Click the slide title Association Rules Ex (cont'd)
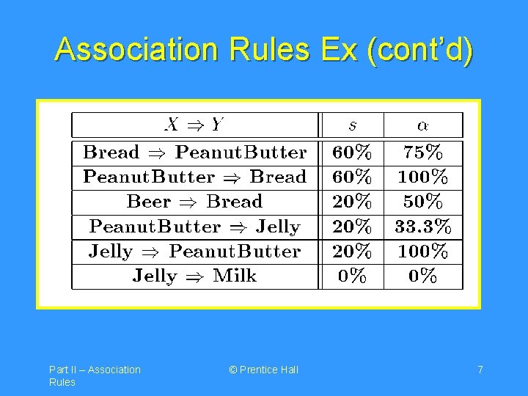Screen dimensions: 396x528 264,50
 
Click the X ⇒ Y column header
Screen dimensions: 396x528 194,124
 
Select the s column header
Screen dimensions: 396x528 353,124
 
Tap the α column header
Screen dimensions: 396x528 423,124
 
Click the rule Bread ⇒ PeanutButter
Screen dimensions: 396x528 194,153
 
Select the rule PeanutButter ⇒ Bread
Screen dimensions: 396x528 194,177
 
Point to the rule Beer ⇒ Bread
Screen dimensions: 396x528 194,202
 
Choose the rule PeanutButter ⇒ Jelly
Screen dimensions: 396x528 194,227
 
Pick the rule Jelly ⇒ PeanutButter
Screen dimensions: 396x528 194,252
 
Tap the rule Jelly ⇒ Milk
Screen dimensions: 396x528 194,276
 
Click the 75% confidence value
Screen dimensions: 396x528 423,153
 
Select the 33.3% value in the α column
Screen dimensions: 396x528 423,227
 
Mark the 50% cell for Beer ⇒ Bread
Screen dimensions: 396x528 423,202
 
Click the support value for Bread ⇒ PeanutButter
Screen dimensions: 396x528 353,153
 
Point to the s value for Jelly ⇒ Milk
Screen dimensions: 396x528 353,276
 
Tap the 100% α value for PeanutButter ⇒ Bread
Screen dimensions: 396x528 423,177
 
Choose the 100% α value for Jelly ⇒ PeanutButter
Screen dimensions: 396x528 423,252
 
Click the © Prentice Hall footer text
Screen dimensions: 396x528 263,370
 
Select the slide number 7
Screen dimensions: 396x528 480,370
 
